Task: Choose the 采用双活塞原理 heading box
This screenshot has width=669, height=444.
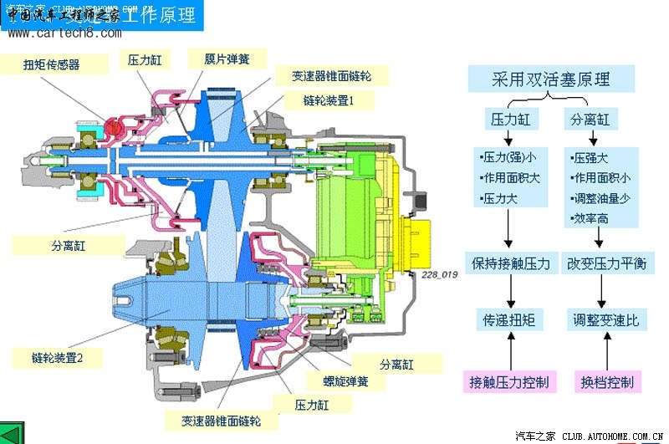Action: click(x=550, y=80)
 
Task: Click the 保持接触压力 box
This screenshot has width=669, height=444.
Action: click(x=510, y=263)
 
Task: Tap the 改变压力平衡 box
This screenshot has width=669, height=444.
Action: click(x=608, y=263)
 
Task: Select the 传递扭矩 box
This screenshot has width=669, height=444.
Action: click(x=510, y=319)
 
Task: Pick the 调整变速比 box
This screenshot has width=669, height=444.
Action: click(x=606, y=319)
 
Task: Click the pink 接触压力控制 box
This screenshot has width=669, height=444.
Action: click(x=510, y=382)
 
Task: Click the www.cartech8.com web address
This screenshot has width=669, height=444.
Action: click(x=64, y=33)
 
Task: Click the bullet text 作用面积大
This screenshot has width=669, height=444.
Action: click(x=510, y=177)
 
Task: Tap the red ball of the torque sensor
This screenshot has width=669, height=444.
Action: click(x=114, y=126)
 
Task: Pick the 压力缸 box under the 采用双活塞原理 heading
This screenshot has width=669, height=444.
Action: click(x=510, y=120)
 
